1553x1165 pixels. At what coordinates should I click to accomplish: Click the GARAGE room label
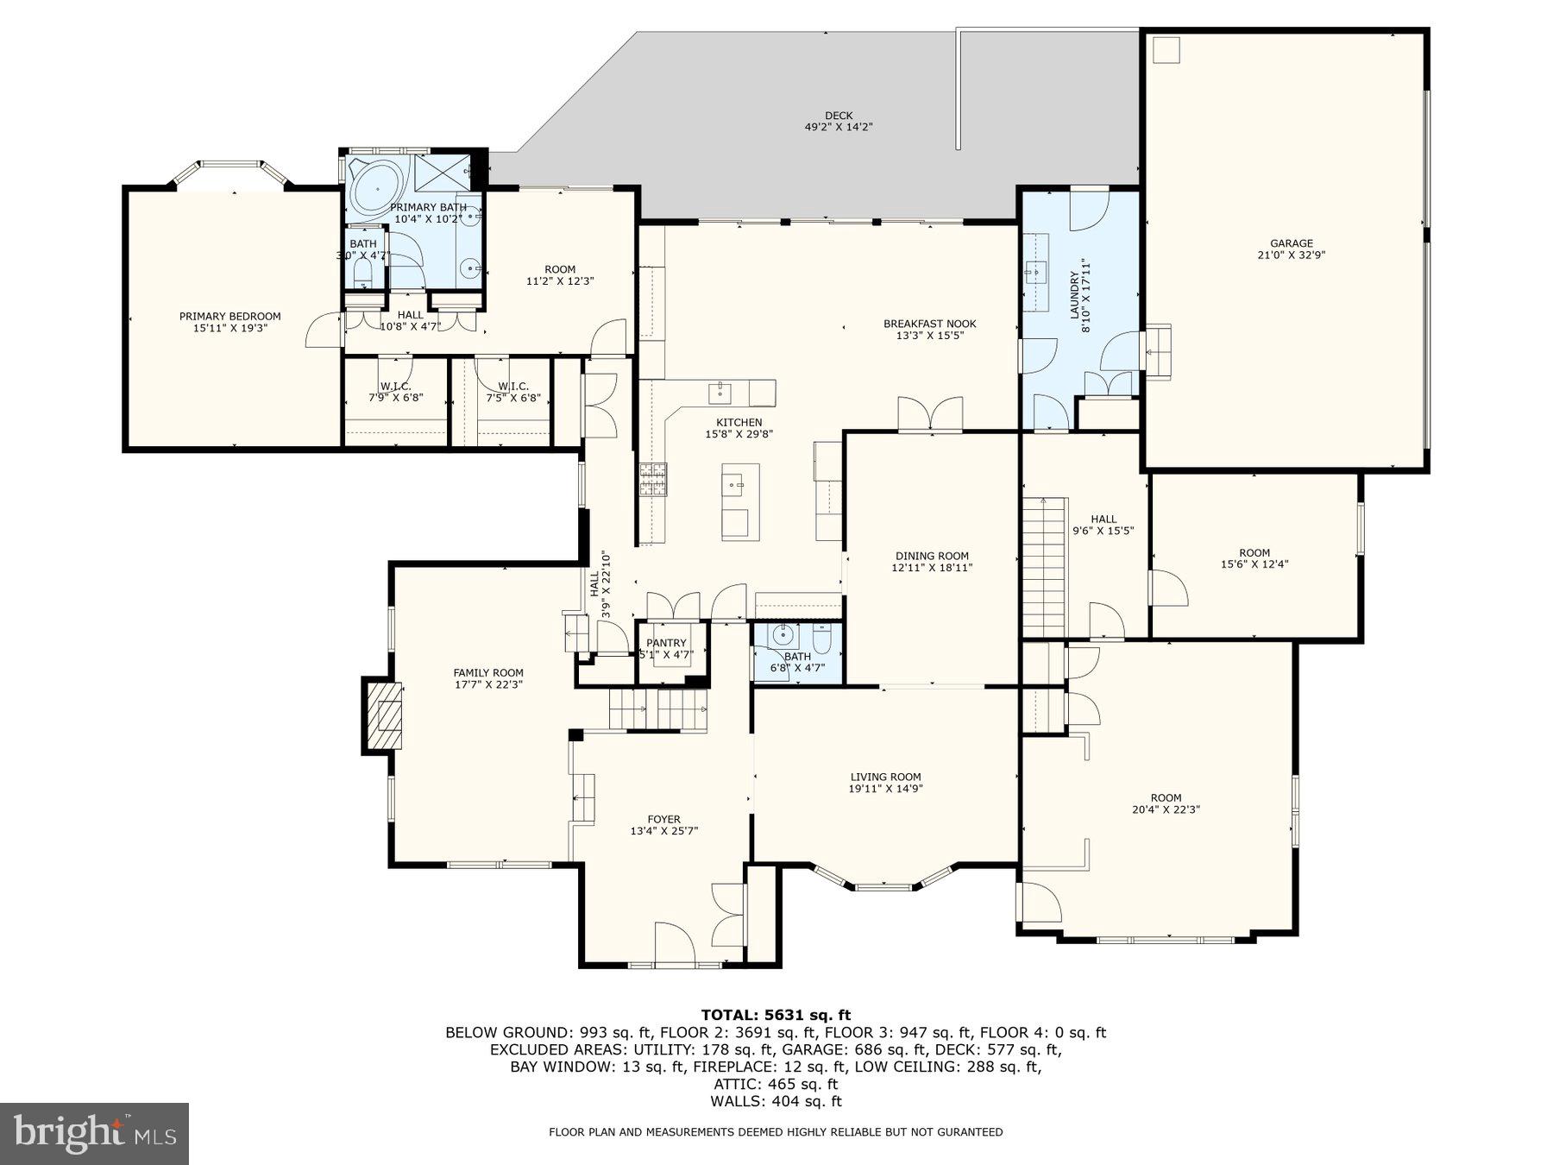coord(1291,243)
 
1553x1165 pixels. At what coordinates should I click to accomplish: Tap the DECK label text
coord(838,116)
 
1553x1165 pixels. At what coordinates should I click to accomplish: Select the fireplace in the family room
coord(383,715)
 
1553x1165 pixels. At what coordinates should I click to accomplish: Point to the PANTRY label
coord(666,643)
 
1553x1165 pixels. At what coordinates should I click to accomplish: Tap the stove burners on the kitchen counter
coord(652,479)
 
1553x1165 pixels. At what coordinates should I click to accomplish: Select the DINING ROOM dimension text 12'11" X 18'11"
coord(931,568)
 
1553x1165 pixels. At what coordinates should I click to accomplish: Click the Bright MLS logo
coord(94,1133)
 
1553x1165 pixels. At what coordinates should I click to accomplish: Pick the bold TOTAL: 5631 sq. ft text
coord(776,1015)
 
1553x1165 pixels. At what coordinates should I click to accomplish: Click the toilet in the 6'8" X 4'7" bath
coord(821,639)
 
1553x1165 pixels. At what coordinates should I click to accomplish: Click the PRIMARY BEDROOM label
coord(229,316)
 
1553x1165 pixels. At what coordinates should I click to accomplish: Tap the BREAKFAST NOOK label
coord(929,324)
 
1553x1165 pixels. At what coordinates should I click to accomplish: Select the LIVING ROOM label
coord(885,777)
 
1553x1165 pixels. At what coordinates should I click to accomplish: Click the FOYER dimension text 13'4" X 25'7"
coord(663,831)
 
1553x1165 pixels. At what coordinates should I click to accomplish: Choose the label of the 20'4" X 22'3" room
coord(1166,797)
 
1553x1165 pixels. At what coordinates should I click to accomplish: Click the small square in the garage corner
coord(1166,50)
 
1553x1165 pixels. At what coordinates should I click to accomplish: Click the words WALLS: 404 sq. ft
coord(776,1101)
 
